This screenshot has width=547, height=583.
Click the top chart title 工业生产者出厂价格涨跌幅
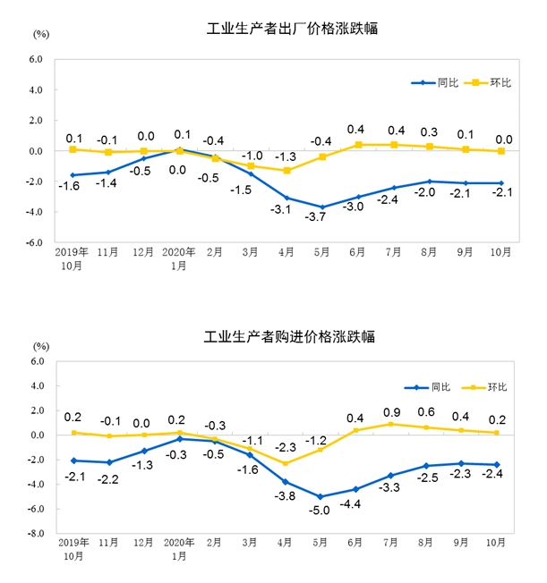click(291, 29)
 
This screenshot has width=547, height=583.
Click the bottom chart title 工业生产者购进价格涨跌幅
click(288, 337)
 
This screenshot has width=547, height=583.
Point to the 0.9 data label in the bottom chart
click(390, 411)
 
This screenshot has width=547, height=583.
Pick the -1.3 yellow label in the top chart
click(285, 156)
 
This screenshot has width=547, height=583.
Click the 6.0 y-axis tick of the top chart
click(37, 60)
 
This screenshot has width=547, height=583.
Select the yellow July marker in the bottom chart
click(391, 424)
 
